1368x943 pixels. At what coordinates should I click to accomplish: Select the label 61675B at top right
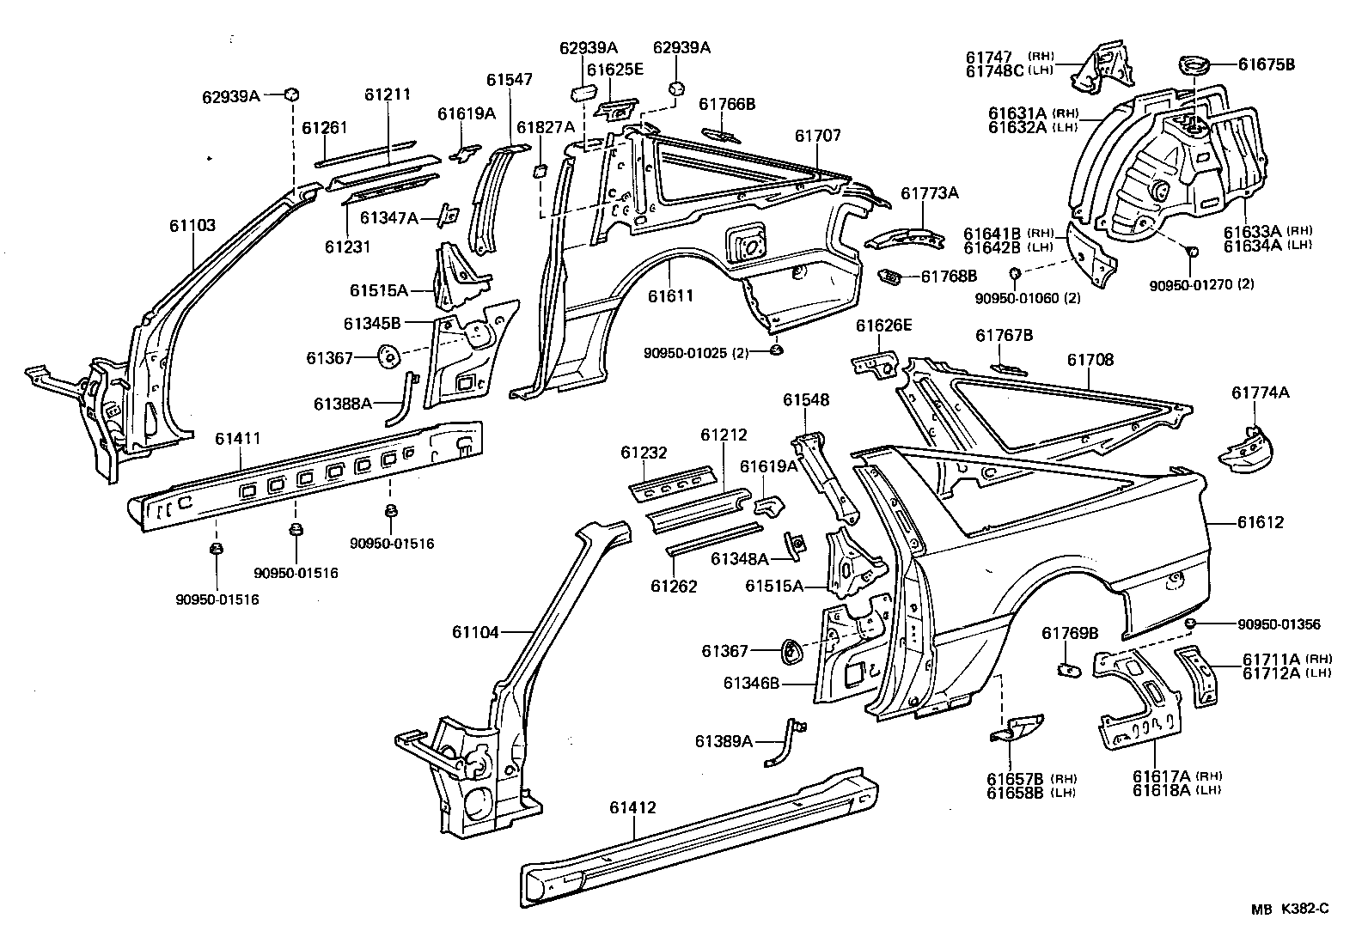(1266, 64)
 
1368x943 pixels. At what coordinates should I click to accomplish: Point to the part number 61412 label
(632, 807)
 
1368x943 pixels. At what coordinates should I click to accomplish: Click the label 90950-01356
(1278, 624)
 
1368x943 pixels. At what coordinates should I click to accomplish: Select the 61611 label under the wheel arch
(670, 295)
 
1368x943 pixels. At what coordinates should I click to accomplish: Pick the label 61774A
(1260, 392)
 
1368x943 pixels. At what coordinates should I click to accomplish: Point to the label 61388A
(342, 403)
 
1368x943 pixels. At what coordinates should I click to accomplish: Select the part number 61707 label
(817, 136)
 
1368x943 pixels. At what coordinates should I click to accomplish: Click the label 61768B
(949, 277)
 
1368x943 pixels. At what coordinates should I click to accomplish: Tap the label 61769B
(1071, 633)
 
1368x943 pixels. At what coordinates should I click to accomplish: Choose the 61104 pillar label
(474, 633)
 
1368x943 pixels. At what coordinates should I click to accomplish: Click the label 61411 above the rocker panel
(237, 439)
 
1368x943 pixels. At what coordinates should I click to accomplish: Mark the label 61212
(723, 435)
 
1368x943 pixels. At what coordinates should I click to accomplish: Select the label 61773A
(929, 193)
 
